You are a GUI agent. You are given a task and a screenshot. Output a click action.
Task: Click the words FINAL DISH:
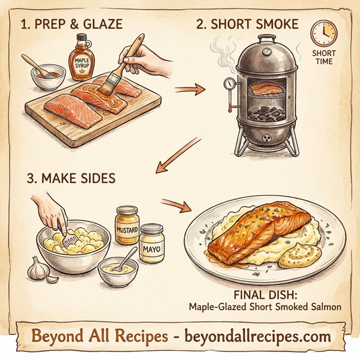coord(264,295)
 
